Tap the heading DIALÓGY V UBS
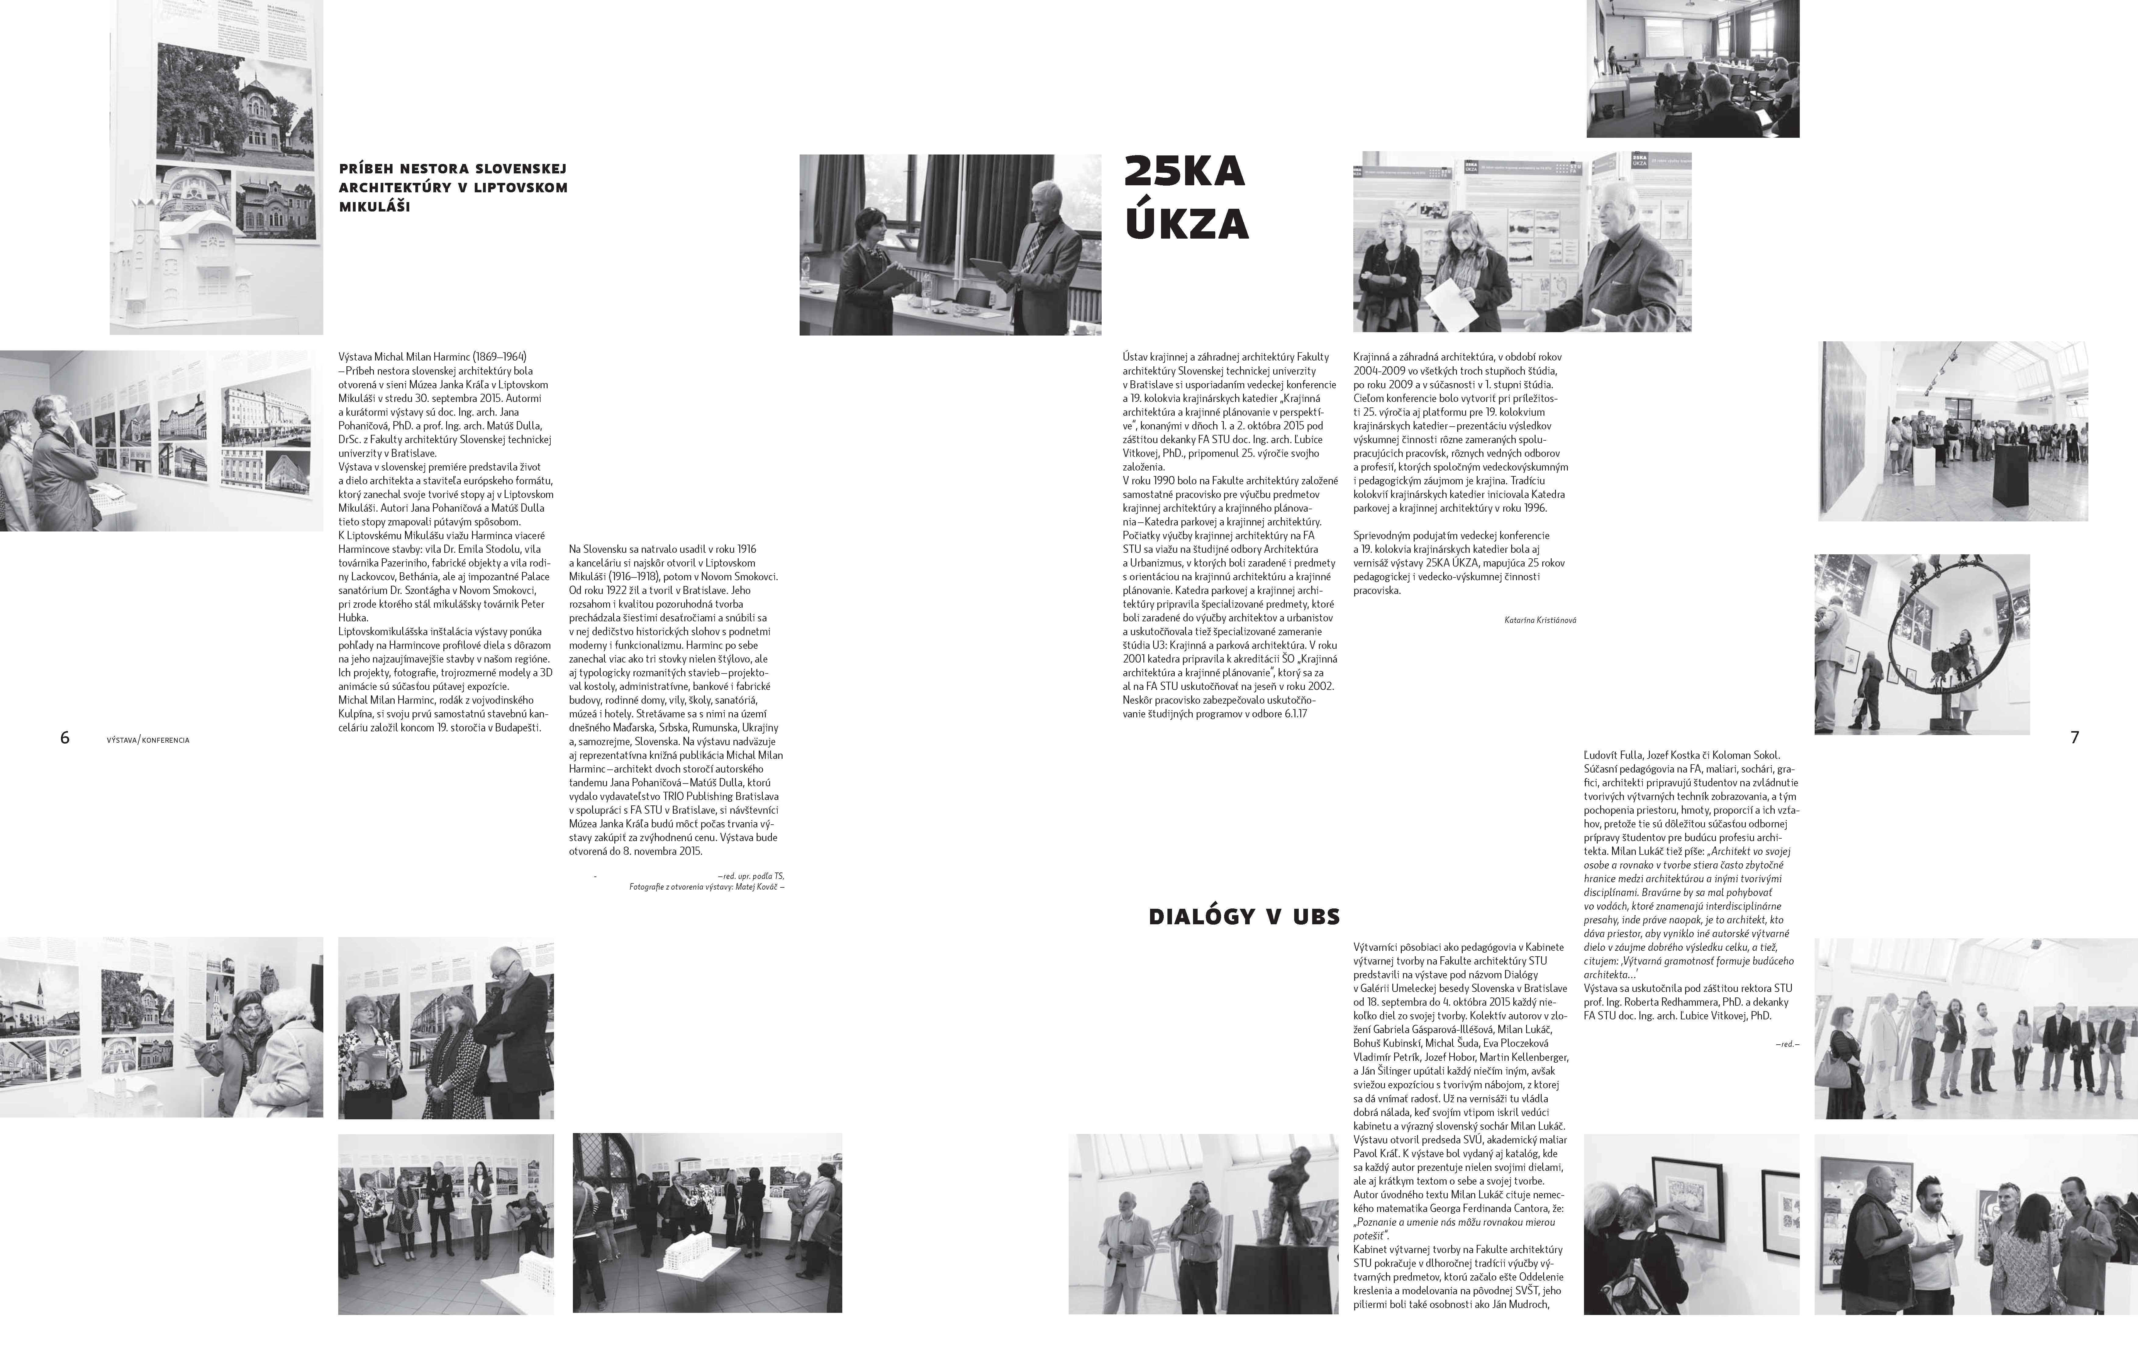click(x=1244, y=917)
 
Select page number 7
click(x=2074, y=737)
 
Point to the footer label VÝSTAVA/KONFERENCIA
click(x=147, y=740)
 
